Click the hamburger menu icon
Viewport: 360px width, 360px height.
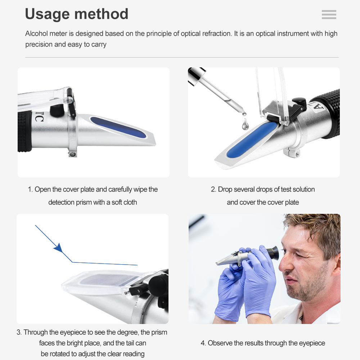click(329, 14)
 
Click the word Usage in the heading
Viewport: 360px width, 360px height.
click(48, 14)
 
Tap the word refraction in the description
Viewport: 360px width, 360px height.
click(215, 33)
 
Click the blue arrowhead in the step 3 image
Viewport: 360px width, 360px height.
click(58, 248)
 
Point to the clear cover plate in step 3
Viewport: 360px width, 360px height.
click(94, 281)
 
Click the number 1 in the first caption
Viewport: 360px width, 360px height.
click(30, 189)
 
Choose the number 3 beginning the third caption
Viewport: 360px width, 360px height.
click(19, 332)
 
